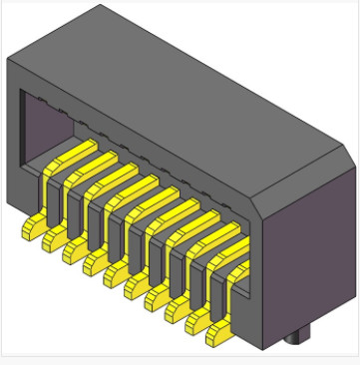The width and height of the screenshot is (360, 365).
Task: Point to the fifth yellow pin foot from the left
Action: [x=115, y=278]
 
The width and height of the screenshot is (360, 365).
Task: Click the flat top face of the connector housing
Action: [x=180, y=90]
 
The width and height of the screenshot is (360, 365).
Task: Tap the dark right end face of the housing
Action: [x=309, y=249]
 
